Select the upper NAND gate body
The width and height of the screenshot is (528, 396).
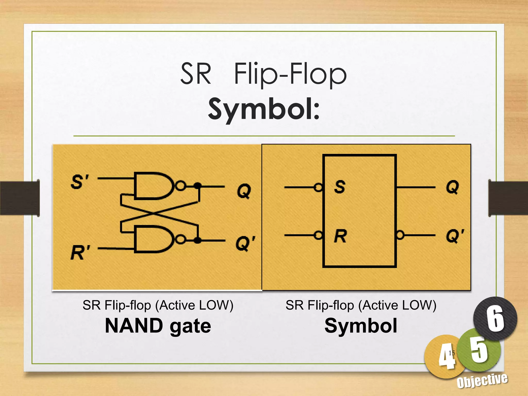[152, 186]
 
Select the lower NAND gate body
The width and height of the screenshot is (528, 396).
[152, 239]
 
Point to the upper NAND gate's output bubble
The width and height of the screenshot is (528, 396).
[181, 186]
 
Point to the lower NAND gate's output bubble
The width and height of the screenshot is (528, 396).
[181, 240]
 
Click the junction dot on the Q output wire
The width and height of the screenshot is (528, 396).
[197, 186]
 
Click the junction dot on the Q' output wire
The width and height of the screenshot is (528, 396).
[197, 240]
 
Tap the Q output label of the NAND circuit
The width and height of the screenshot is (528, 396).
[244, 191]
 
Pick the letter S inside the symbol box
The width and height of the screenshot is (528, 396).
[340, 187]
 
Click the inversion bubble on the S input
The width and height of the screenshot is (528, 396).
[319, 187]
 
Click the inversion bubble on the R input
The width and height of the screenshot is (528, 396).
[319, 235]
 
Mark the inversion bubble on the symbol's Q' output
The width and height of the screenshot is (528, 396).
[400, 235]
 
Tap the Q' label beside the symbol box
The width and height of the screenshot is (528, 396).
[455, 236]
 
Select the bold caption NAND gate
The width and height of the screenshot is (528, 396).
[158, 326]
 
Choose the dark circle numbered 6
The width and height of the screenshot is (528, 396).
[495, 319]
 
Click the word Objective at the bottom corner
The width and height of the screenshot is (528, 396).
[482, 381]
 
